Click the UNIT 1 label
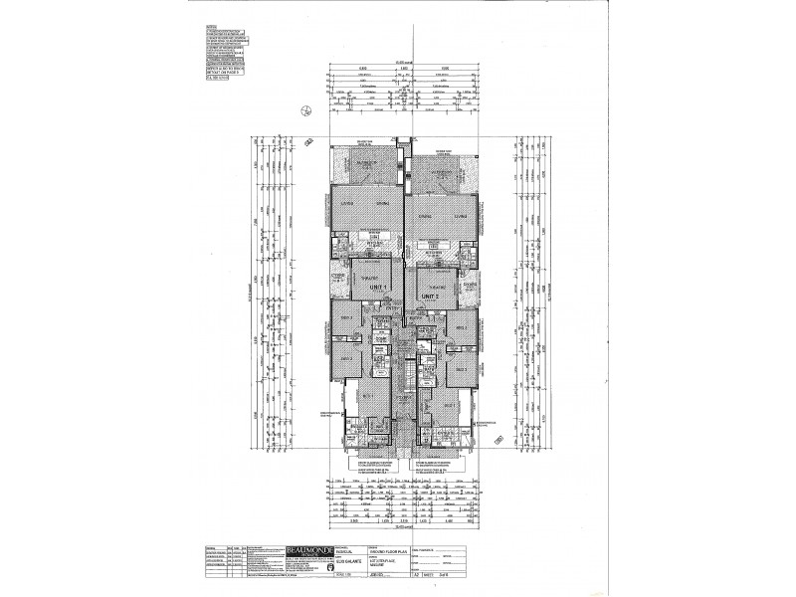(x=378, y=286)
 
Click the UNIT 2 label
(x=430, y=296)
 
